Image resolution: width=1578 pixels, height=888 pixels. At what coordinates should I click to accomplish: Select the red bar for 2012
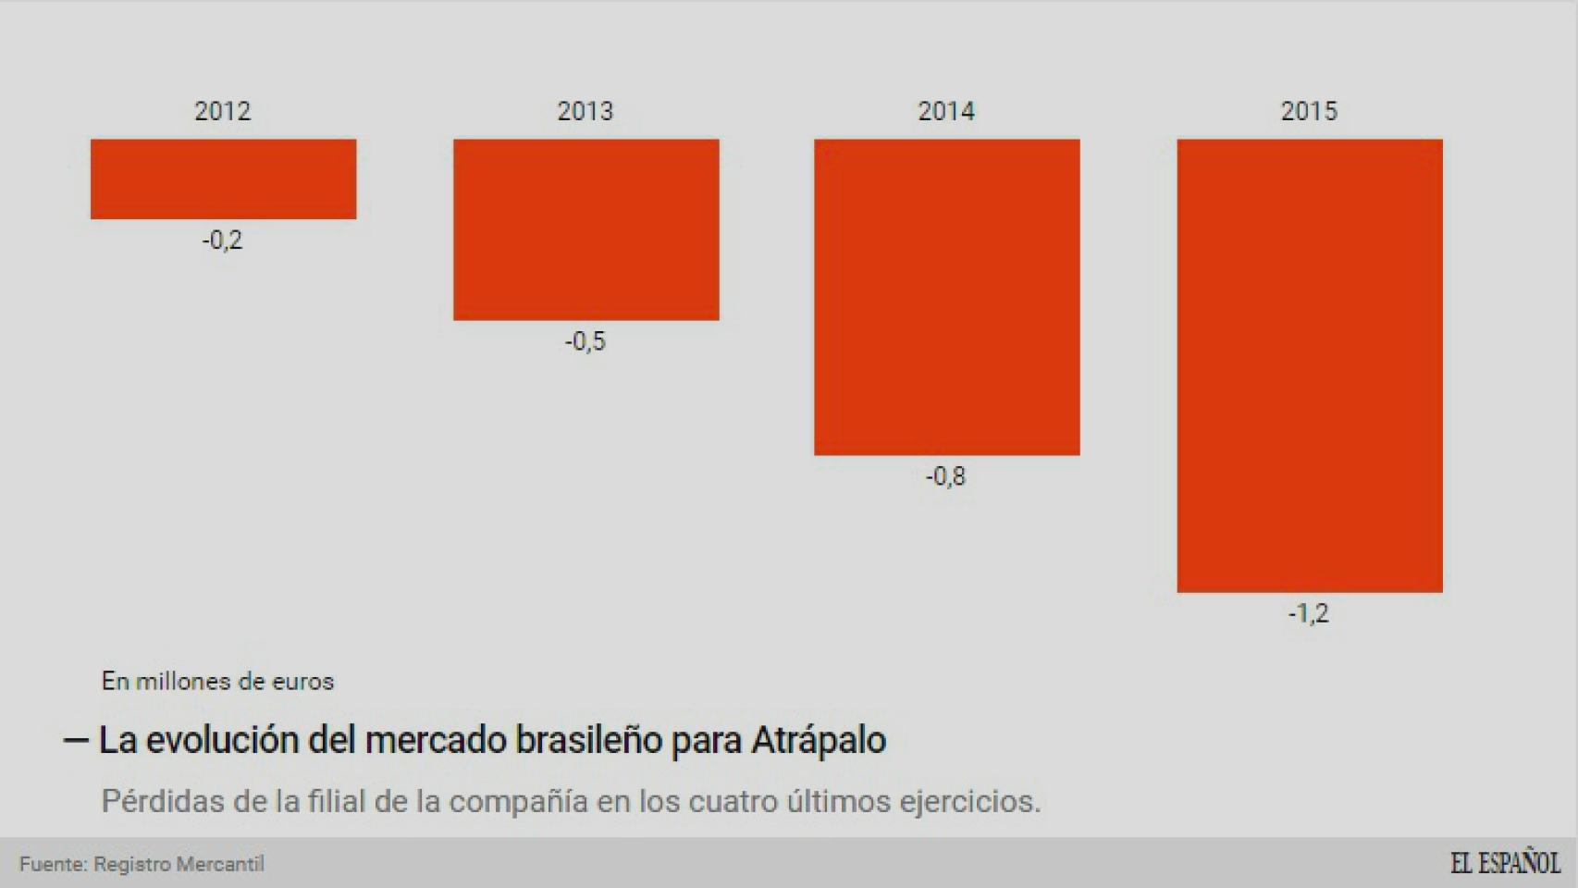(223, 179)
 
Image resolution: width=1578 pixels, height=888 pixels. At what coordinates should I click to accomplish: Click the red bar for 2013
(586, 229)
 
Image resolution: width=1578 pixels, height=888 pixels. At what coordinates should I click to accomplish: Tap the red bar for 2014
(946, 297)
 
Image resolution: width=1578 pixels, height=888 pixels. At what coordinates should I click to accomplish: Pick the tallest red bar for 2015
(1309, 365)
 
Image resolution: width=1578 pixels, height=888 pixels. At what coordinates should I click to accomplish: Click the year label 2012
(222, 111)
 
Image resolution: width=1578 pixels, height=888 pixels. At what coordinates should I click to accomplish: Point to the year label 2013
(585, 111)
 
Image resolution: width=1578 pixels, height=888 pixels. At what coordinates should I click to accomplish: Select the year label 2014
(945, 111)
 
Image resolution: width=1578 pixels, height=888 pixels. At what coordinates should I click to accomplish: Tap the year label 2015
(1308, 111)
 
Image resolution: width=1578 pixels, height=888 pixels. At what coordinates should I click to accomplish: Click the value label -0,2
(222, 240)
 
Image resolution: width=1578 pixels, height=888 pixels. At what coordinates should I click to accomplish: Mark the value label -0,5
(585, 341)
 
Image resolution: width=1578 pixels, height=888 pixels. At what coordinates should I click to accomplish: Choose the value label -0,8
(945, 476)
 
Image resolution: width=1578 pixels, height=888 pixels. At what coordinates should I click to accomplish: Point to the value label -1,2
(1308, 613)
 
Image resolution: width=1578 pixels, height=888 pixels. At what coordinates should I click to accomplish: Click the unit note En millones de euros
(217, 682)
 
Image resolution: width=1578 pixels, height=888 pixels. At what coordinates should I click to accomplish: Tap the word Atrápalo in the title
(819, 740)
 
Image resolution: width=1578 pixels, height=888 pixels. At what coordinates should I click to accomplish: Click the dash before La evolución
(75, 740)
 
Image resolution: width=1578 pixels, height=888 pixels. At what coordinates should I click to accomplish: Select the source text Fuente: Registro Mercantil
(142, 864)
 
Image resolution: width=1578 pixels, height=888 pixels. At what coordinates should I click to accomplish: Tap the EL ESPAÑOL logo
(1504, 863)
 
